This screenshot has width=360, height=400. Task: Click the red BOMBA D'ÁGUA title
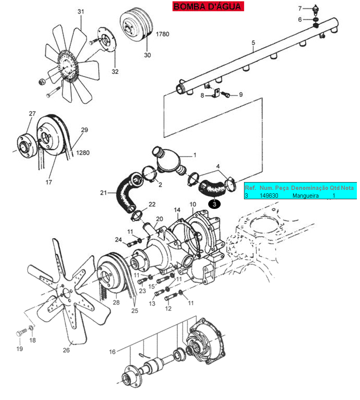[208, 6]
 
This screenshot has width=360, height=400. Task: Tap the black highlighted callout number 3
[214, 204]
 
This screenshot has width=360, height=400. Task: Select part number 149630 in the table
[269, 196]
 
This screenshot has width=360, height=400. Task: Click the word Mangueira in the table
[306, 196]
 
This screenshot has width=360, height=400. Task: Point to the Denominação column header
[309, 188]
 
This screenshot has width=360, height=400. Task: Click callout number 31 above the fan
[81, 12]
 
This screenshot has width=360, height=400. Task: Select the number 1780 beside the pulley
[163, 34]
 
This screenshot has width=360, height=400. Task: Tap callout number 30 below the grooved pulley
[148, 55]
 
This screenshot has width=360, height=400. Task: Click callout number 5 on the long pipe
[253, 42]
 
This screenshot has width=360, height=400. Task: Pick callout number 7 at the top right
[300, 9]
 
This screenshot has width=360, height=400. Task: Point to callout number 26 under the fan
[66, 350]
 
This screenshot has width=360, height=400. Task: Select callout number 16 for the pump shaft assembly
[112, 352]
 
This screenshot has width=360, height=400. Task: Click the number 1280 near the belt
[83, 153]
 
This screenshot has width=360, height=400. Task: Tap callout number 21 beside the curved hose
[104, 193]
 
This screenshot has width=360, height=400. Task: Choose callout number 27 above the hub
[32, 114]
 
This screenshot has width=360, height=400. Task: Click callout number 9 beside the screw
[241, 95]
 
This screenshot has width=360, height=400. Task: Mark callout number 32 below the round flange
[115, 72]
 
